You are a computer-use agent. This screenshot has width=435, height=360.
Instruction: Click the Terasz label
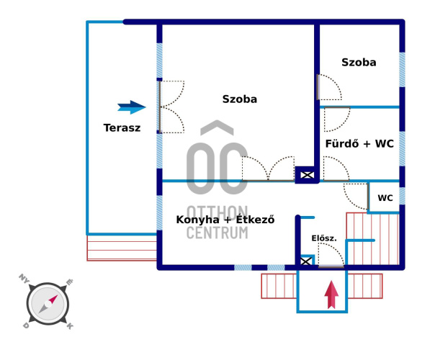click(x=122, y=128)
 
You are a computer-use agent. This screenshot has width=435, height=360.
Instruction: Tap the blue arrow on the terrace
click(x=132, y=107)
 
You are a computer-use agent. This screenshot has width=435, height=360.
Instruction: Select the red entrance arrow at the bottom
click(x=331, y=294)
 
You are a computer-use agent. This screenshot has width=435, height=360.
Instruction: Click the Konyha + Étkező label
click(x=225, y=220)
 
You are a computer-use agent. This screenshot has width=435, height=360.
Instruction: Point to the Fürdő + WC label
click(x=359, y=144)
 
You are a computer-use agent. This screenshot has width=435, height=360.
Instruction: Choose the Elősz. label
click(x=324, y=238)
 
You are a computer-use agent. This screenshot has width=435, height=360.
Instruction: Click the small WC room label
click(x=385, y=198)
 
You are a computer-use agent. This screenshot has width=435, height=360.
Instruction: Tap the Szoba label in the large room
click(x=240, y=99)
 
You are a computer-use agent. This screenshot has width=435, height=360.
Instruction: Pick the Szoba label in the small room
click(x=359, y=63)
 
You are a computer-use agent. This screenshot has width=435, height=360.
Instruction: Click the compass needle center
click(x=48, y=305)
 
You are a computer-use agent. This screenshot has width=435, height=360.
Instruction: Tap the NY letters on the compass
click(x=24, y=278)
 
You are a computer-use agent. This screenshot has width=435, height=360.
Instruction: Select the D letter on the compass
click(x=26, y=325)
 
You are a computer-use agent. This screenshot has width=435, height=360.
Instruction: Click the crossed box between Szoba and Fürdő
click(x=307, y=175)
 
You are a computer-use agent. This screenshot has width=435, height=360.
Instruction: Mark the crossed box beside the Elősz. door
click(x=306, y=261)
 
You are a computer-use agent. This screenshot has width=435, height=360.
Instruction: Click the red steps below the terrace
click(x=122, y=248)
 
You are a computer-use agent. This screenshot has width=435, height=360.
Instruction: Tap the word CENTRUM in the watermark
click(x=217, y=233)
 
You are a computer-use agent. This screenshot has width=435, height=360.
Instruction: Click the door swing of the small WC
click(x=356, y=196)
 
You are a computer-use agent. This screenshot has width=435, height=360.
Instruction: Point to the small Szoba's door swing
click(x=329, y=87)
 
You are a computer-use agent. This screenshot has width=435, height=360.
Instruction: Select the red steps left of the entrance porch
click(x=279, y=286)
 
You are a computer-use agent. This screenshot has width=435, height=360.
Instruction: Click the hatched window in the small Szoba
click(x=402, y=70)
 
